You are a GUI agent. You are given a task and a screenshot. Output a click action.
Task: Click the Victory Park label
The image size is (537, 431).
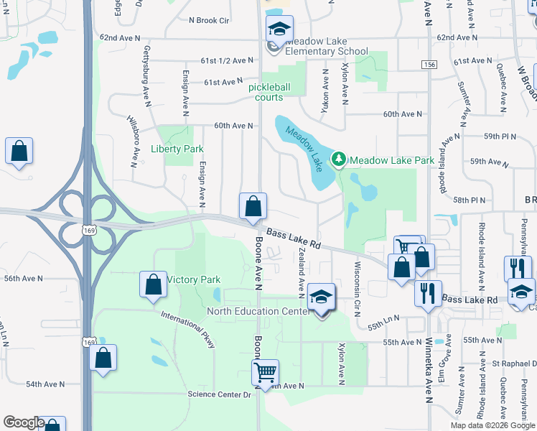tap(193, 279)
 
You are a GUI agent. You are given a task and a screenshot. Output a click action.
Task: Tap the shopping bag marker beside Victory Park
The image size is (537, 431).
tap(154, 284)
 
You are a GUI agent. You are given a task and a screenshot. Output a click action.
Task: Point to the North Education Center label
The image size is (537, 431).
tap(257, 311)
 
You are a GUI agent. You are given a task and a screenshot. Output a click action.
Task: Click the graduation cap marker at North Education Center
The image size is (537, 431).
tap(321, 297)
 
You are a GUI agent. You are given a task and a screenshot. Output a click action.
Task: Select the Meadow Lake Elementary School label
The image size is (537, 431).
tap(327, 51)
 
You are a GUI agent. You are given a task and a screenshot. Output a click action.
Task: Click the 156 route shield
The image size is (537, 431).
tap(429, 65)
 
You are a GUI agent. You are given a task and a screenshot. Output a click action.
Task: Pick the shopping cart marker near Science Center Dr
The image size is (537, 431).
tap(265, 373)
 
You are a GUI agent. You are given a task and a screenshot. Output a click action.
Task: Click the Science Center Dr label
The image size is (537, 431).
tap(220, 394)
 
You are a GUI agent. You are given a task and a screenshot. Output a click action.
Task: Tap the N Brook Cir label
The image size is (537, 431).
tap(208, 21)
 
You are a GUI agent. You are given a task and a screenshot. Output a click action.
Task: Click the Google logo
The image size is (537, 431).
tap(24, 422)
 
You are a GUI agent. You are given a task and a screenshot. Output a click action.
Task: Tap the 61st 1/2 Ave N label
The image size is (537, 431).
tap(228, 60)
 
